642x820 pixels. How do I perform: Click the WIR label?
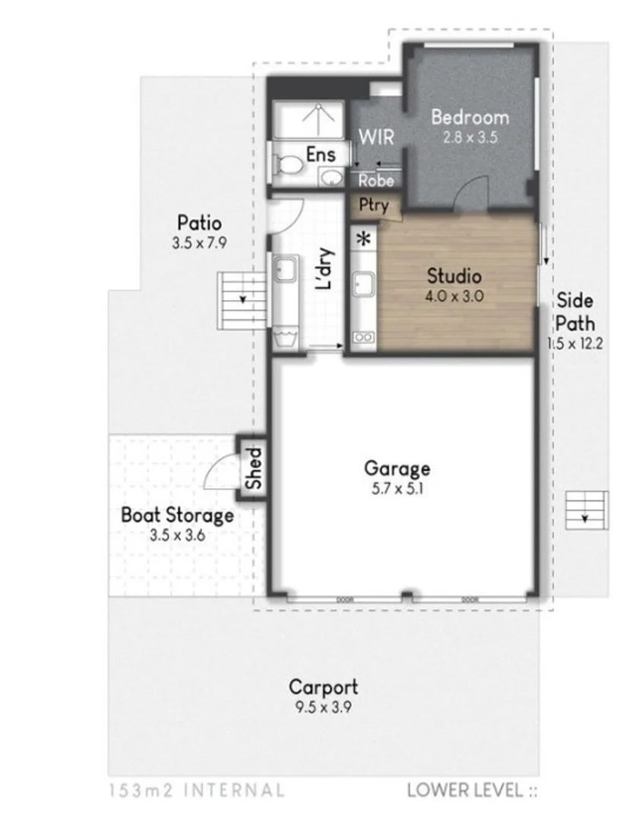pyautogui.click(x=376, y=137)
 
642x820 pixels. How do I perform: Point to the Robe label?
pyautogui.click(x=376, y=181)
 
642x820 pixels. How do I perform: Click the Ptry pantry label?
pyautogui.click(x=373, y=204)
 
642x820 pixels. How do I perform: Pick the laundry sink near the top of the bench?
pyautogui.click(x=286, y=269)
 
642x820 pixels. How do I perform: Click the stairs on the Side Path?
pyautogui.click(x=587, y=511)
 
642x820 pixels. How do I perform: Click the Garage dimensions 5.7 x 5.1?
pyautogui.click(x=397, y=489)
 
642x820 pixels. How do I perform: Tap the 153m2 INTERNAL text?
pyautogui.click(x=197, y=790)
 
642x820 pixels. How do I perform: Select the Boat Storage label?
pyautogui.click(x=177, y=516)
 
